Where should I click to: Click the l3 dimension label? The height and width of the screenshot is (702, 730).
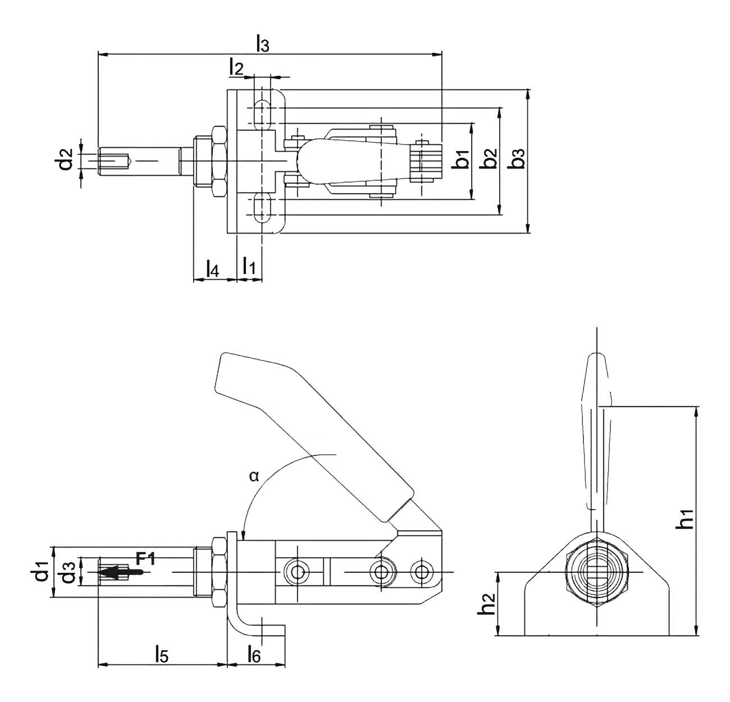[262, 44]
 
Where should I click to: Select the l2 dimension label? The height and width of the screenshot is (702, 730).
[236, 67]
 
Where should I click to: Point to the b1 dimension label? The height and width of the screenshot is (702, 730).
[462, 159]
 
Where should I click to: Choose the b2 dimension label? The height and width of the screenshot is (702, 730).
[490, 159]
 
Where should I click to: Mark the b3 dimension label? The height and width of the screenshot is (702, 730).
[518, 159]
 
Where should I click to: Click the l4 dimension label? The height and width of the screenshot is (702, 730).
[212, 268]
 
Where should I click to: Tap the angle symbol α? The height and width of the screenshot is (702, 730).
[254, 476]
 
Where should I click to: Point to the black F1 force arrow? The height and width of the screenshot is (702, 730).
[120, 572]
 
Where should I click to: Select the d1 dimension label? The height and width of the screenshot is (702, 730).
[40, 573]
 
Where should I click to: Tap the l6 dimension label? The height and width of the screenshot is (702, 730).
[254, 653]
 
